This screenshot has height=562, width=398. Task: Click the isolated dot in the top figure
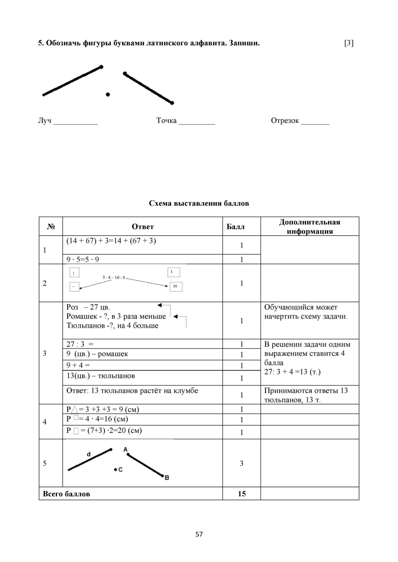pos(108,94)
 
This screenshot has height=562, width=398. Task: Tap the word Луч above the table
pos(45,121)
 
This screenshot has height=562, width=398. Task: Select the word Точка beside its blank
pos(166,121)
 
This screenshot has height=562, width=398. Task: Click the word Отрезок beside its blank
pos(285,121)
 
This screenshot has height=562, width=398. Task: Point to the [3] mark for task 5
pos(349,43)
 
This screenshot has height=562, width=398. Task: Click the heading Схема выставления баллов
pos(199,203)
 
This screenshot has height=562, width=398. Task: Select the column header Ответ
pos(142,227)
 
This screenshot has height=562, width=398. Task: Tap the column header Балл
pos(236,227)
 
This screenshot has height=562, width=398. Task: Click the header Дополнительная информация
pos(309,227)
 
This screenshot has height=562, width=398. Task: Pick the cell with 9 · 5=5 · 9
pos(83,259)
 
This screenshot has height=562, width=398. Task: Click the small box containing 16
pos(176,287)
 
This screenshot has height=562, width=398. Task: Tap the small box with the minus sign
pos(74,287)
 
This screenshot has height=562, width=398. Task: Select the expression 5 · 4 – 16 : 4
pos(114,277)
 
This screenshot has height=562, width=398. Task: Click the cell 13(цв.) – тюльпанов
pos(101,376)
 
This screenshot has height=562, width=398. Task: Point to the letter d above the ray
pos(89,454)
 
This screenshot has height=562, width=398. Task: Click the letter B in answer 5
pos(167,478)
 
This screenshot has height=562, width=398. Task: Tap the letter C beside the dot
pos(120,470)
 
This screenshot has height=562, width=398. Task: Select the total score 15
pos(241,494)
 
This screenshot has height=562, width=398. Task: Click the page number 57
pos(199,534)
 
